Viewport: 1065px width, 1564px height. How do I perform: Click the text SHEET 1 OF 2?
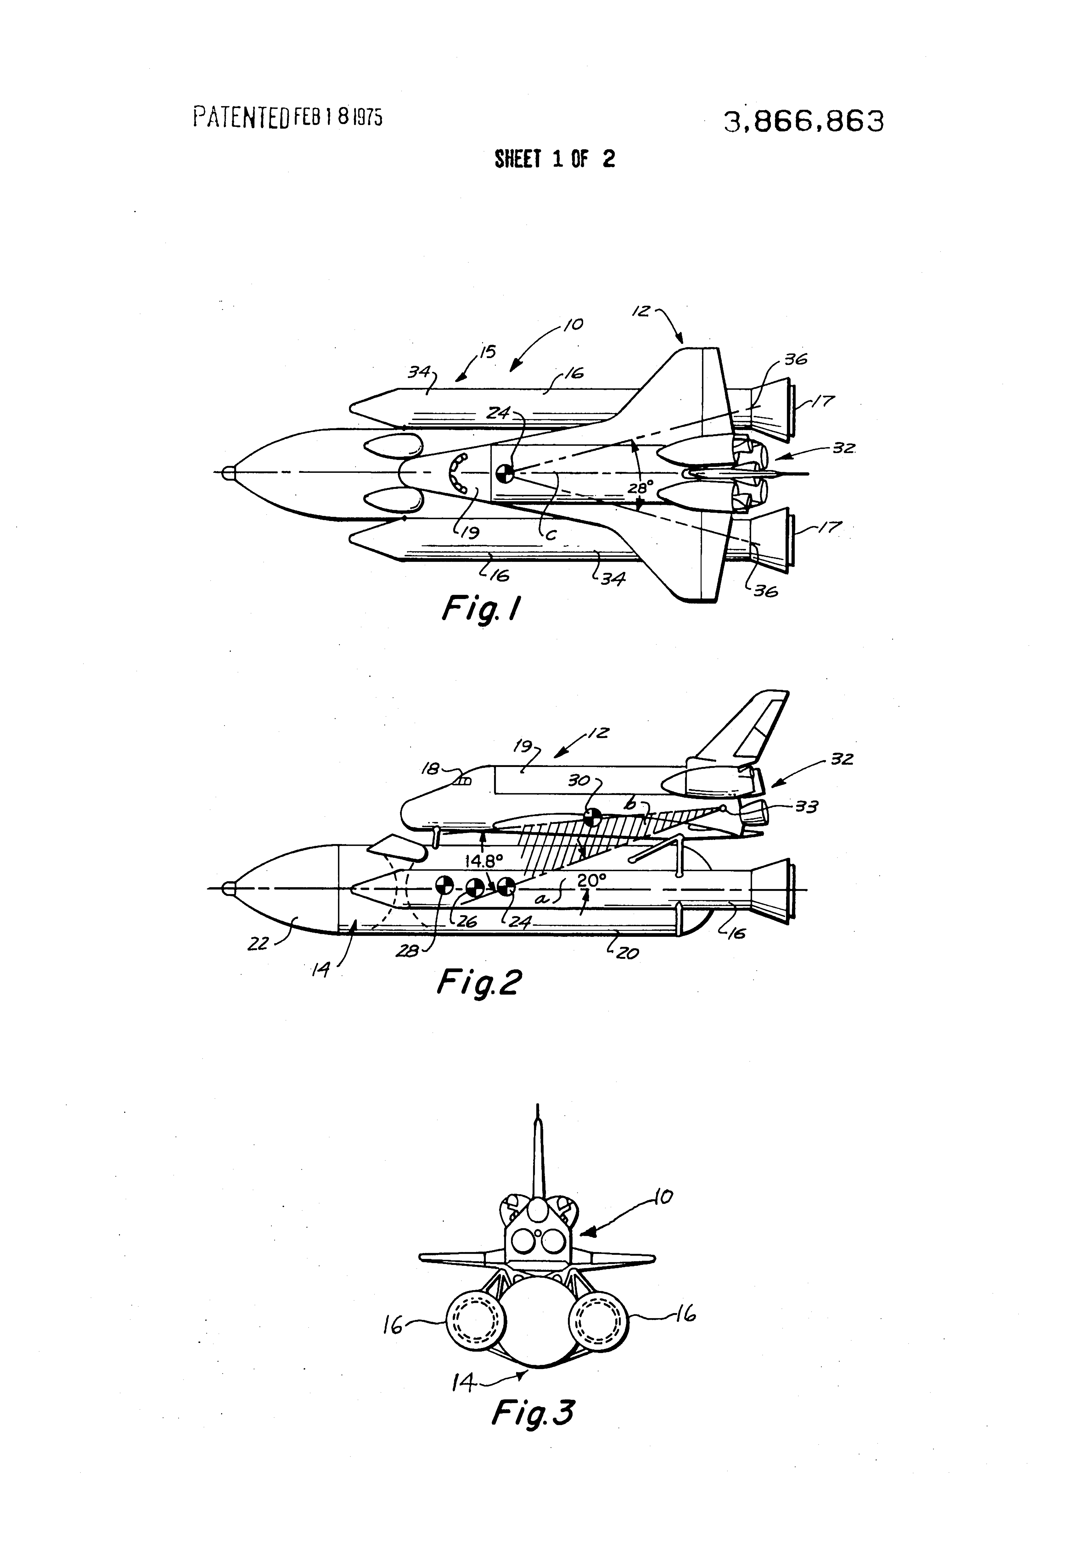555,159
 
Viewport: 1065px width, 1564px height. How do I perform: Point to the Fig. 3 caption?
532,1411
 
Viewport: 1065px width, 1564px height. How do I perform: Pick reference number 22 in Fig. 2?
258,944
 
